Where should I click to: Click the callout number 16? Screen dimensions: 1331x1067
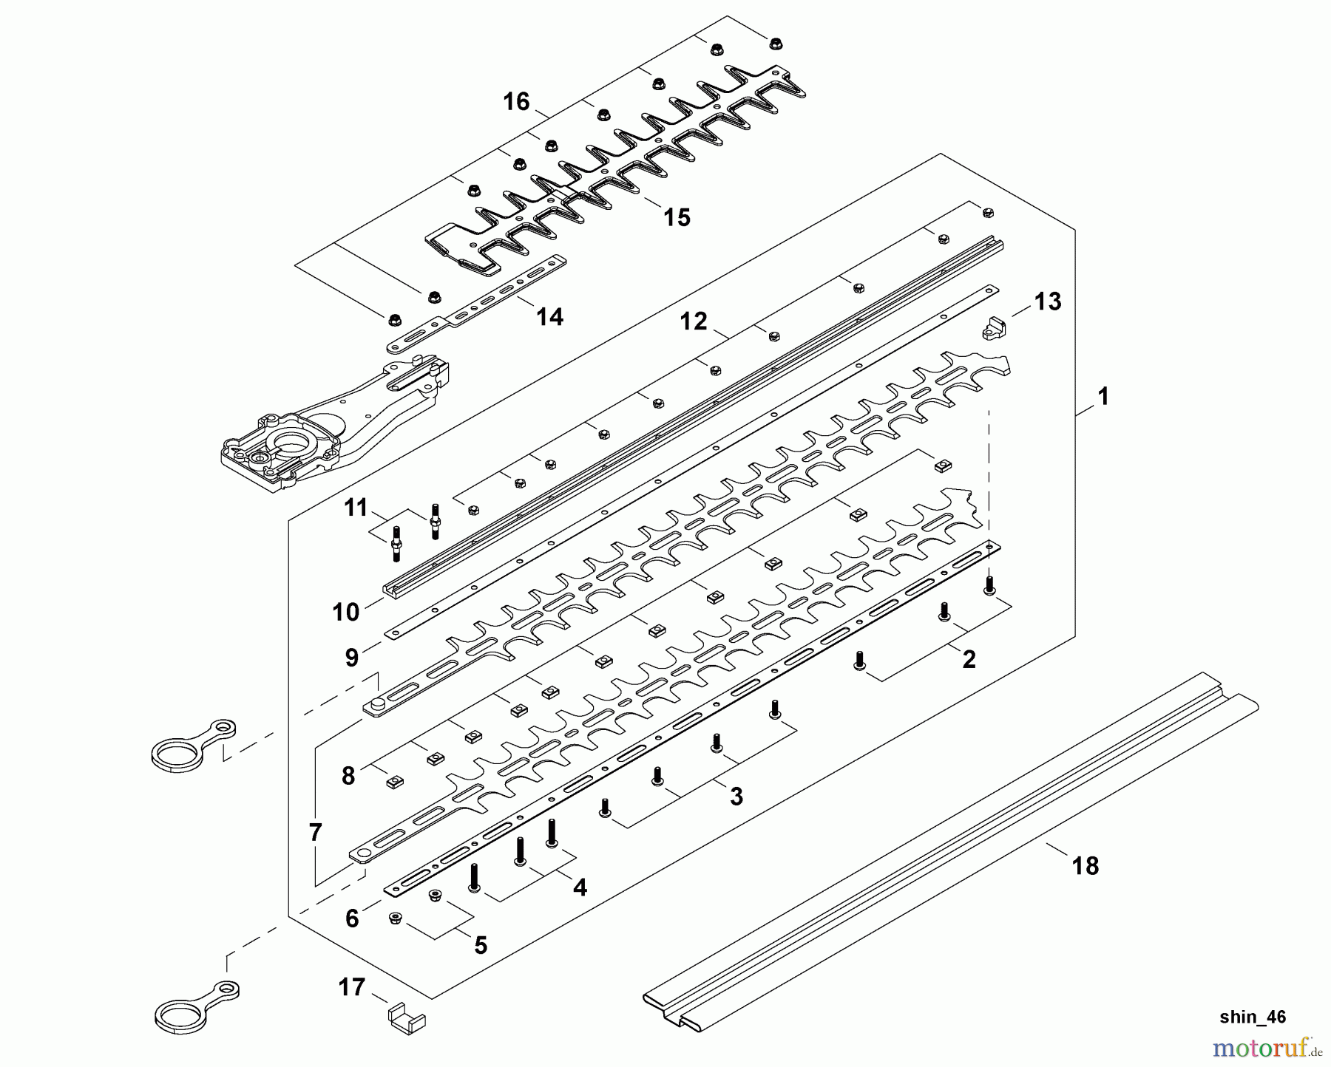(x=517, y=101)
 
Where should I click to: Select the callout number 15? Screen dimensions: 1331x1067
(x=677, y=217)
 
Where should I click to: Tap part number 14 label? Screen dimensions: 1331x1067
(x=549, y=317)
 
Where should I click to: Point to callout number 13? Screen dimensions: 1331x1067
(x=1048, y=301)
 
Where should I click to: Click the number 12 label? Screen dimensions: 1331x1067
(x=694, y=321)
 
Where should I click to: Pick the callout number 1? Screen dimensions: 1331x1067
(x=1103, y=397)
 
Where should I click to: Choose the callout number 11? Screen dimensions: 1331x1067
(x=356, y=508)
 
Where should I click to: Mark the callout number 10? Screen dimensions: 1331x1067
(x=346, y=612)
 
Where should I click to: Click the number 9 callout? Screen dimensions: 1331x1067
(x=351, y=658)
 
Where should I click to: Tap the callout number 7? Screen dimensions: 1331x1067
(x=316, y=833)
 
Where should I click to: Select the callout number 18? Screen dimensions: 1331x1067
(x=1086, y=865)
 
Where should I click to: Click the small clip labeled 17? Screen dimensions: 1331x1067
(x=407, y=1015)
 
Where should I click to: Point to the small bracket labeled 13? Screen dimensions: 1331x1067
(x=995, y=327)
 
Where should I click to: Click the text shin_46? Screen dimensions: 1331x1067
(x=1253, y=1017)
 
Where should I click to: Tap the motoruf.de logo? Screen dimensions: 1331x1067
(x=1264, y=1046)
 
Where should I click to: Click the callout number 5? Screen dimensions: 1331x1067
(x=481, y=945)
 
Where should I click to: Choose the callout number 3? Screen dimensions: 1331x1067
(x=736, y=796)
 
